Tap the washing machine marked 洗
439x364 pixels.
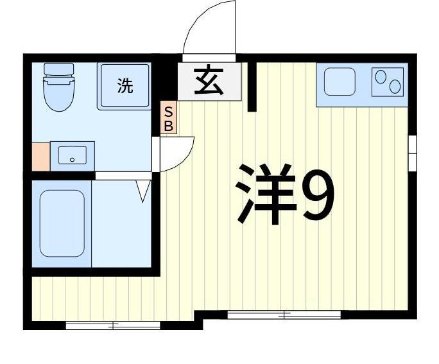(x=125, y=86)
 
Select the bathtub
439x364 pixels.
(x=62, y=223)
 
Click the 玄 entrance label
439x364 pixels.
(x=209, y=82)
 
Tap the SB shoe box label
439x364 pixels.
(x=168, y=118)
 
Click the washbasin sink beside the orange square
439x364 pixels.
(x=73, y=155)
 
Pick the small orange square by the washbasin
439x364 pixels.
(x=40, y=156)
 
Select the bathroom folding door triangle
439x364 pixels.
(x=143, y=190)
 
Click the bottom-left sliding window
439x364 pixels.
(x=112, y=326)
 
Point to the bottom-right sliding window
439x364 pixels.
(x=284, y=315)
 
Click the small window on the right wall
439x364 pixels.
(x=412, y=153)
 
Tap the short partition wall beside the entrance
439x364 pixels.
(x=252, y=87)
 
